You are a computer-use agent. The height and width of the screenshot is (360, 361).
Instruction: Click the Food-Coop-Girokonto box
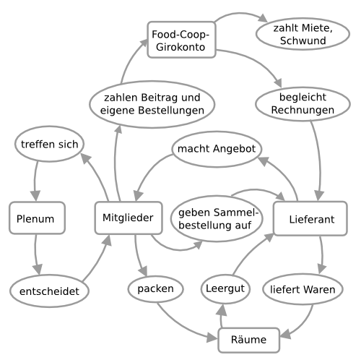click(x=181, y=40)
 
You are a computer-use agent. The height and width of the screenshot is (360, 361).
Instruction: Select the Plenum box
click(x=38, y=218)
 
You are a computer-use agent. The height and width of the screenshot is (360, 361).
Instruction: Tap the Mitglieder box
click(x=129, y=218)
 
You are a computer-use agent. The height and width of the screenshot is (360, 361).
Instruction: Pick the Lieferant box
click(x=310, y=218)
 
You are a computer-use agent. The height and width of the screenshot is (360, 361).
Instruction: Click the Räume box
click(x=249, y=340)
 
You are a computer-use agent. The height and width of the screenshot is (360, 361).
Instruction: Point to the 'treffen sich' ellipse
click(x=49, y=144)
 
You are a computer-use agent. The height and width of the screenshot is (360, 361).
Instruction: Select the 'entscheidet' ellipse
click(x=49, y=291)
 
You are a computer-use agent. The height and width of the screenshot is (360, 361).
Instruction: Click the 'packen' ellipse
click(x=156, y=289)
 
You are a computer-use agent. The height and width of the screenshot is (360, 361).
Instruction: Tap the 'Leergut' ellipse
click(x=225, y=289)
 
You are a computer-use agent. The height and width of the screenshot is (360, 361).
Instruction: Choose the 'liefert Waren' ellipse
click(x=303, y=289)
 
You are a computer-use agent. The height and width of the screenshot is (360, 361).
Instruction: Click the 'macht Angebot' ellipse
click(x=217, y=149)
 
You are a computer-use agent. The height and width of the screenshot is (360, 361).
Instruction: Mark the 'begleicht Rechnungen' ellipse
click(x=303, y=104)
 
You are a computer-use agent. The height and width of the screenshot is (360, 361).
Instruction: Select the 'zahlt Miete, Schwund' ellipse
click(x=303, y=34)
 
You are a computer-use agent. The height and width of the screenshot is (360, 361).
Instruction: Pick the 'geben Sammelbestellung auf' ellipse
click(x=217, y=218)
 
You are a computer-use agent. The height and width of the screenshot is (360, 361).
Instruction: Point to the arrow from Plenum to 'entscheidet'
click(x=35, y=254)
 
